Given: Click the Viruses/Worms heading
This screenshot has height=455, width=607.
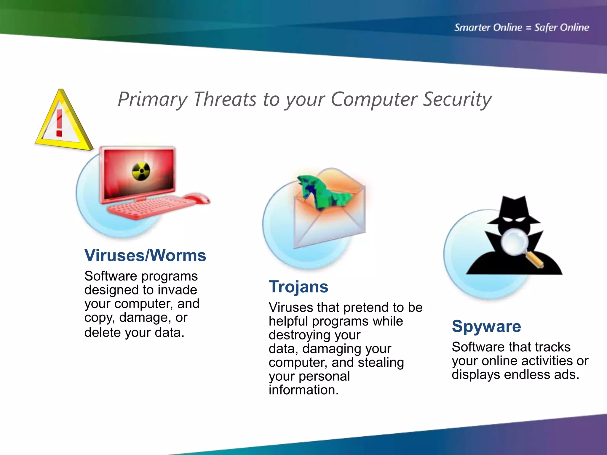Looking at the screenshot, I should coord(145,255).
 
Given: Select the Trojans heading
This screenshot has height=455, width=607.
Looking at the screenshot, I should coord(298,287).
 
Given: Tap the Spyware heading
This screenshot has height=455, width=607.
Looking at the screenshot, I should coord(486,326).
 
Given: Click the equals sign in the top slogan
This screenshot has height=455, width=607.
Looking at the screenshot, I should coord(528,28).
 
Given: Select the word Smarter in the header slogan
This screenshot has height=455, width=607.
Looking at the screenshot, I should coord(472,28).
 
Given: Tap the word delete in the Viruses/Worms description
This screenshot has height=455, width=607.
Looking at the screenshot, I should coord(102,332).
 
